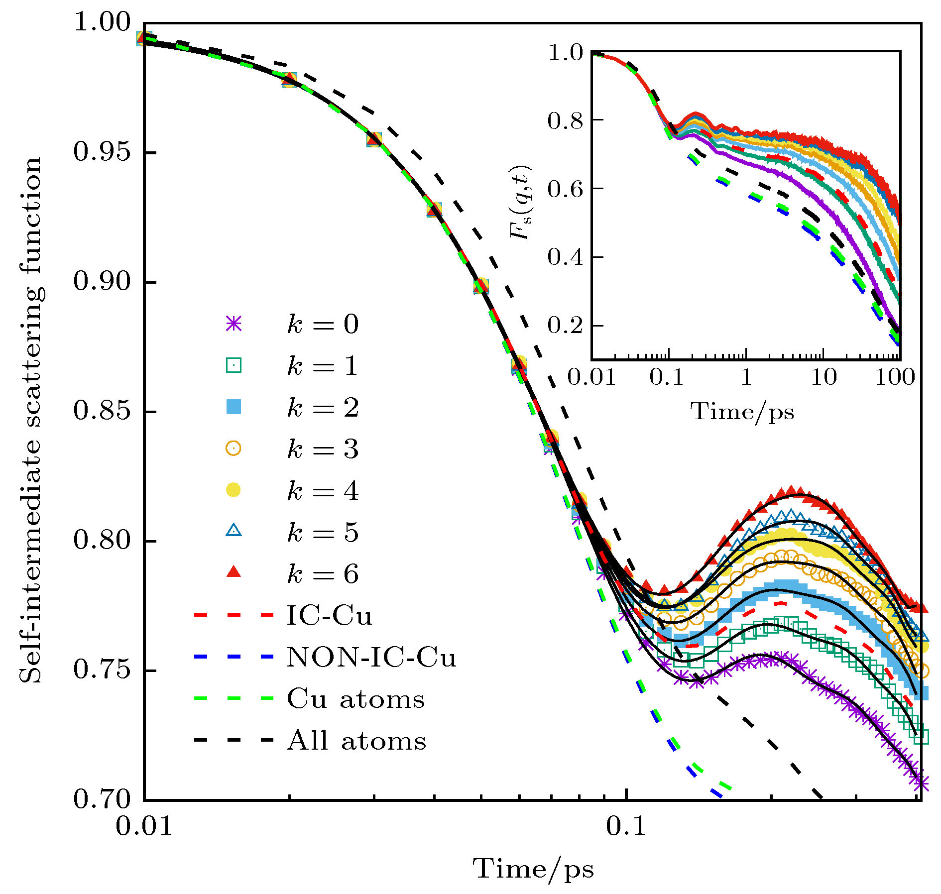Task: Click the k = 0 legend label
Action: (323, 325)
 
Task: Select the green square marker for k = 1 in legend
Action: (234, 366)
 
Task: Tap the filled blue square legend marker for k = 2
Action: (234, 407)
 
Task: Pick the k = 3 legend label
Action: (323, 449)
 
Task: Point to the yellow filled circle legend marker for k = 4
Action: (234, 490)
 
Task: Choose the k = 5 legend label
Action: (323, 533)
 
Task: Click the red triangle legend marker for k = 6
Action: (234, 573)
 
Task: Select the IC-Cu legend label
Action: (329, 616)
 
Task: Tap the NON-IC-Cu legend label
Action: (371, 658)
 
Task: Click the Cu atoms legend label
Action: (355, 699)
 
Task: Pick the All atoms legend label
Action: (356, 741)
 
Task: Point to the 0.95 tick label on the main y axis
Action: (102, 152)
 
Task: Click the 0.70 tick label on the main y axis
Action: (102, 799)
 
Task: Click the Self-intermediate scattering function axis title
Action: (31, 420)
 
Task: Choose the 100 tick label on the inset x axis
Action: (895, 377)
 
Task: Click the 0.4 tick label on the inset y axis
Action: (565, 257)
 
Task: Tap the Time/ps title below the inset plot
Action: (742, 412)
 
